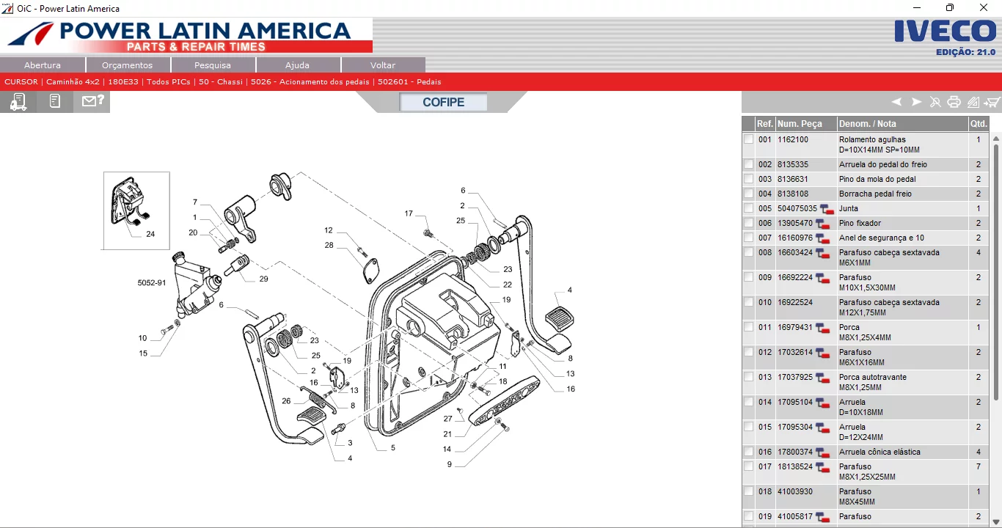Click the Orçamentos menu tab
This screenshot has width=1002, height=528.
tap(128, 65)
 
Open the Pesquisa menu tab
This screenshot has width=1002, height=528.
tap(213, 65)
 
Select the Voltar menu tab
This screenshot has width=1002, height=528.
tap(383, 65)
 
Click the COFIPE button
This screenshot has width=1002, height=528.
tap(443, 103)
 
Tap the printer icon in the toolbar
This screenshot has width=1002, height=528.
tap(954, 103)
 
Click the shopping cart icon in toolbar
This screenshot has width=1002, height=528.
tap(992, 103)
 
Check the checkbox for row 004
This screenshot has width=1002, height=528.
tap(748, 194)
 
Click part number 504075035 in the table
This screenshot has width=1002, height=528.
tap(797, 208)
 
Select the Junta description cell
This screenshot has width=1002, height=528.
tap(849, 208)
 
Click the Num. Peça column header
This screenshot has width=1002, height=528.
tap(800, 124)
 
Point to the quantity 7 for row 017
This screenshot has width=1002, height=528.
tap(978, 466)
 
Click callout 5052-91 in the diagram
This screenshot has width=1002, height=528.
tap(151, 282)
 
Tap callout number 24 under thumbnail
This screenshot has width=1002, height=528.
tap(150, 235)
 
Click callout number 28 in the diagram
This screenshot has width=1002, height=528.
tap(329, 245)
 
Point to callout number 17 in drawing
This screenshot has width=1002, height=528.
tap(409, 213)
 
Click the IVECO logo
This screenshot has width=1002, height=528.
tap(945, 32)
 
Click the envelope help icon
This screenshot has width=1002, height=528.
tap(92, 102)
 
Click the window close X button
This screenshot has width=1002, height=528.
tap(984, 8)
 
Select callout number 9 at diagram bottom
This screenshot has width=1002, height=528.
tap(450, 464)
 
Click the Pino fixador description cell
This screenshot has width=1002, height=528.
tap(860, 223)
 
